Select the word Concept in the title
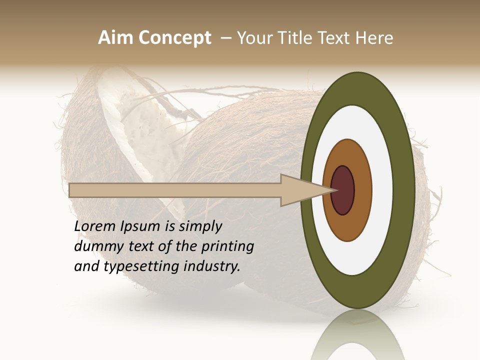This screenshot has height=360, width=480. pos(174,38)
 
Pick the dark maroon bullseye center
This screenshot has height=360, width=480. pos(343,190)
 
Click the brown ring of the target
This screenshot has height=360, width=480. pos(363,190)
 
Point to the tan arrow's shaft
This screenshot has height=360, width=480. pos(175,190)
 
